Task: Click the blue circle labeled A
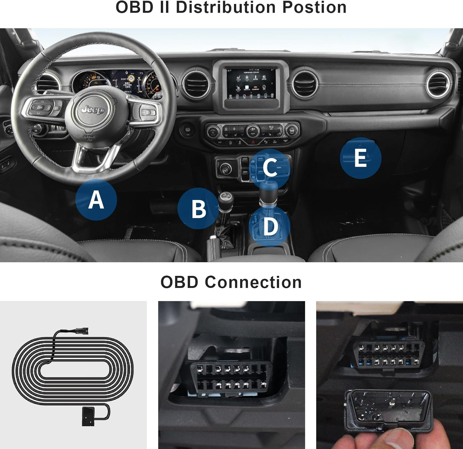96,200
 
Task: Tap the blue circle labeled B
198,209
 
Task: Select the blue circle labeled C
269,168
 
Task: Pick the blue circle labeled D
270,226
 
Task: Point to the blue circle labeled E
360,158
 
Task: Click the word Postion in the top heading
314,7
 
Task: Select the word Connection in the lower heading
253,282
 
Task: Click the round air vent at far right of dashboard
438,83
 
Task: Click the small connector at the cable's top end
82,330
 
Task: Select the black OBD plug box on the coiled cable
88,416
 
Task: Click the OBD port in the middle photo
229,377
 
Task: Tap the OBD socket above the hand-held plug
388,355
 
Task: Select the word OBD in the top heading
134,7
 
